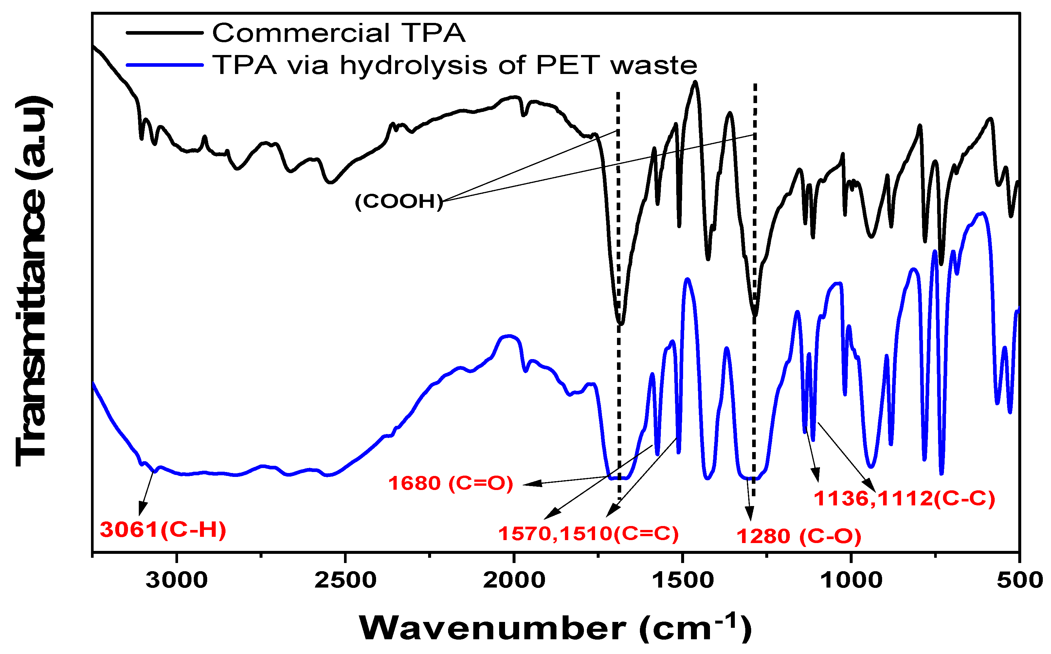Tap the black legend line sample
(x=164, y=33)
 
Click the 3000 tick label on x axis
(x=176, y=580)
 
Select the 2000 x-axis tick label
(x=514, y=580)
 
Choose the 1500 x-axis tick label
(x=682, y=580)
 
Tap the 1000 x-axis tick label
(x=851, y=580)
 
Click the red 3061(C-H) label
(x=163, y=530)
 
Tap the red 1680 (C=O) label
(x=450, y=483)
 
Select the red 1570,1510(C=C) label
(x=588, y=534)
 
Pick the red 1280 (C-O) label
(x=798, y=536)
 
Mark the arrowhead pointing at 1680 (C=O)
(x=529, y=484)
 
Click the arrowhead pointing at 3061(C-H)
(x=141, y=510)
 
